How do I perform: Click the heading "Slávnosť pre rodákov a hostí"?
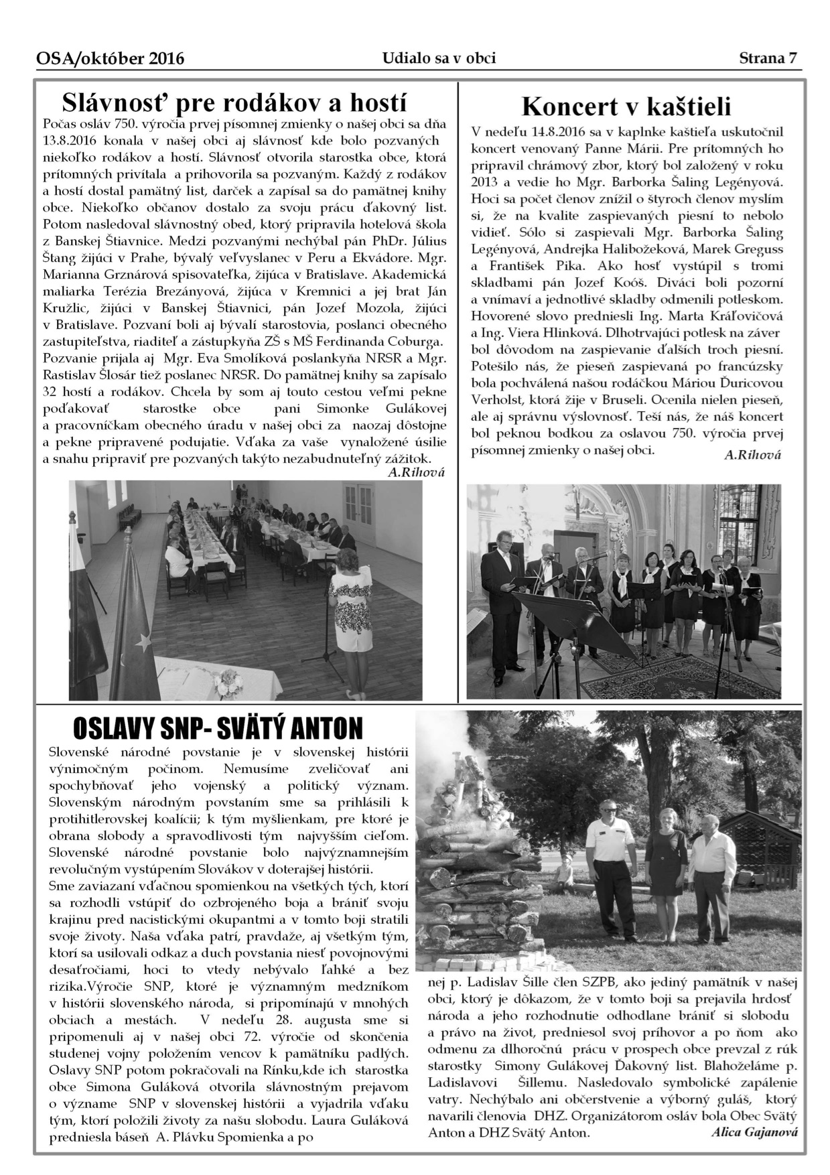tap(234, 103)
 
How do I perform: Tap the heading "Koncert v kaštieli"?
tap(626, 106)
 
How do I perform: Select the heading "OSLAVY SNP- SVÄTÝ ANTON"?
tap(218, 728)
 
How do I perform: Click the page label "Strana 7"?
tap(768, 58)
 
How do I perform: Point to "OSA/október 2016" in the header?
tap(111, 59)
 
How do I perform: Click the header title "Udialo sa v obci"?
tap(439, 58)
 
